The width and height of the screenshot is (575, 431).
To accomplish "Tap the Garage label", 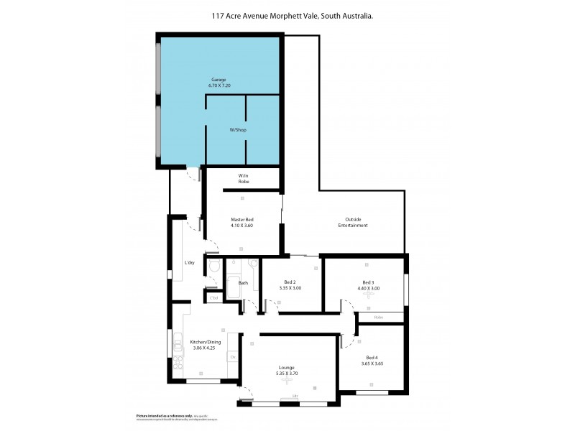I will point(219,79).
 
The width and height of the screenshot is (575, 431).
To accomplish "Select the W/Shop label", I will point(237,130).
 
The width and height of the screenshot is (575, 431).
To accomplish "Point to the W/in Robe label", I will point(243,179).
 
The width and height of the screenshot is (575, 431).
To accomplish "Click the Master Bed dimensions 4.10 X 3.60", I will point(241,226).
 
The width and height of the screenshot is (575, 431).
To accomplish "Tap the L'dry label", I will point(190,262).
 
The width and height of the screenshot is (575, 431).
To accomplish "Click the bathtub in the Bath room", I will point(234,283).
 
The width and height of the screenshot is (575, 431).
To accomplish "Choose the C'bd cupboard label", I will point(213,297).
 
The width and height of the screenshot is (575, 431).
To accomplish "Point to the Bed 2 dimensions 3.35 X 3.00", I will point(291,288).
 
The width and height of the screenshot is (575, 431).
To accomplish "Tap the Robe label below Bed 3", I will point(378,317).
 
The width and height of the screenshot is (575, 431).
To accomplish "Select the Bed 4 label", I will point(371,357).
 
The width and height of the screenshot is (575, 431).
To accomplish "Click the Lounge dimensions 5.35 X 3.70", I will point(287,374).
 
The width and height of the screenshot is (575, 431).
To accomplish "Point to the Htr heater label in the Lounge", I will point(295,397).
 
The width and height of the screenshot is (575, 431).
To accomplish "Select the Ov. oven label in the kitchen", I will point(231,357).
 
